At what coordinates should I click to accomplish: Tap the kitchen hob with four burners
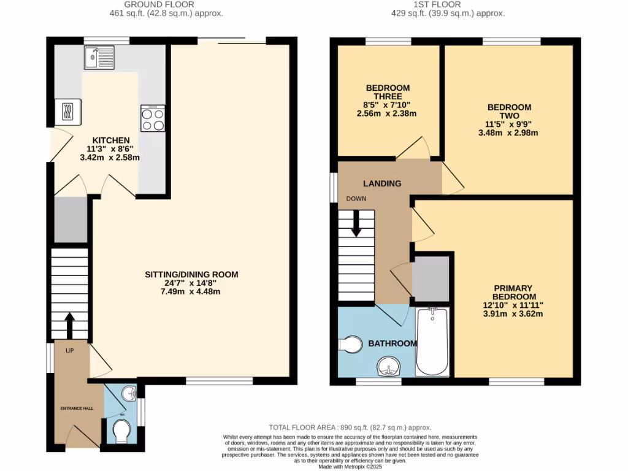pyautogui.click(x=153, y=118)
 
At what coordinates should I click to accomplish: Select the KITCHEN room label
pyautogui.click(x=111, y=140)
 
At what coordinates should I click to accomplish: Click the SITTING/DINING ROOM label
pyautogui.click(x=191, y=274)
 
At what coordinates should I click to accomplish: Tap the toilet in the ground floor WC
pyautogui.click(x=121, y=431)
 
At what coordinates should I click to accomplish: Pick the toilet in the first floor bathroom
pyautogui.click(x=350, y=345)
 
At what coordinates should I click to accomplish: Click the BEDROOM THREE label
pyautogui.click(x=388, y=92)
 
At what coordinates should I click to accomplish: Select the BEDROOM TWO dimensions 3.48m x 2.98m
pyautogui.click(x=509, y=132)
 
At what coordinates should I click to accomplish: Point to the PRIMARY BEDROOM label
pyautogui.click(x=512, y=293)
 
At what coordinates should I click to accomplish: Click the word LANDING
pyautogui.click(x=382, y=183)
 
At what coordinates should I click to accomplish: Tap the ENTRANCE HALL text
pyautogui.click(x=77, y=408)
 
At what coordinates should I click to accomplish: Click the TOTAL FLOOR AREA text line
pyautogui.click(x=350, y=427)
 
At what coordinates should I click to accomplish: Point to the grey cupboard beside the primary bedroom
pyautogui.click(x=431, y=278)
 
